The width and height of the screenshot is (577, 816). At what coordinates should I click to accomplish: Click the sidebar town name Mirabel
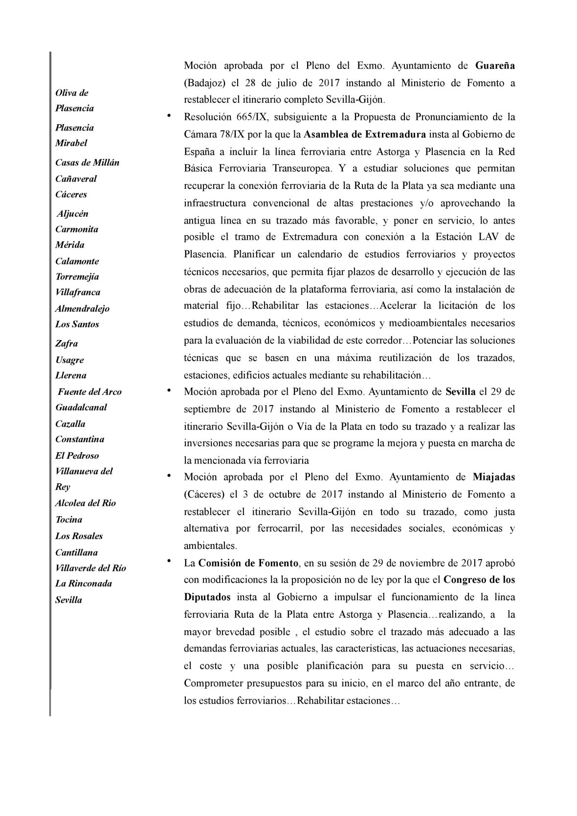coord(71,143)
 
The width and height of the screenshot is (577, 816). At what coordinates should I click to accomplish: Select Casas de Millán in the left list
coord(87,162)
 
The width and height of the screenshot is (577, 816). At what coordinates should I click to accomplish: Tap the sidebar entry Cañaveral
coord(76,179)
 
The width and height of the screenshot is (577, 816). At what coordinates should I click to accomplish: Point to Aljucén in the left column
coord(72,214)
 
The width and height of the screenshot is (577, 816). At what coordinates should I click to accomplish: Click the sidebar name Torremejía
coord(77,276)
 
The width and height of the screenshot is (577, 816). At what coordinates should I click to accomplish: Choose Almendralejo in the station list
coord(82,308)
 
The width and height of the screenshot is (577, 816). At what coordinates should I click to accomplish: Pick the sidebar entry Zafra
coord(67,343)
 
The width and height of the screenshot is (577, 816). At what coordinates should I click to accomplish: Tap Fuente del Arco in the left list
coord(89,391)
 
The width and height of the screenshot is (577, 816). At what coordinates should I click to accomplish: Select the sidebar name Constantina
coord(79,439)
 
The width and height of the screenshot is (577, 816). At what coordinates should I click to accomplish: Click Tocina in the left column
coord(68,520)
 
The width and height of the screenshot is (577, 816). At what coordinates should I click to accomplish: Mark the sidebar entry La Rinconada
coord(83,583)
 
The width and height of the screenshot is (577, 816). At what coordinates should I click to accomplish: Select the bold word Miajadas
coord(494,477)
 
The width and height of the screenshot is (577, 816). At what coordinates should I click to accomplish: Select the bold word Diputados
coord(207,597)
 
